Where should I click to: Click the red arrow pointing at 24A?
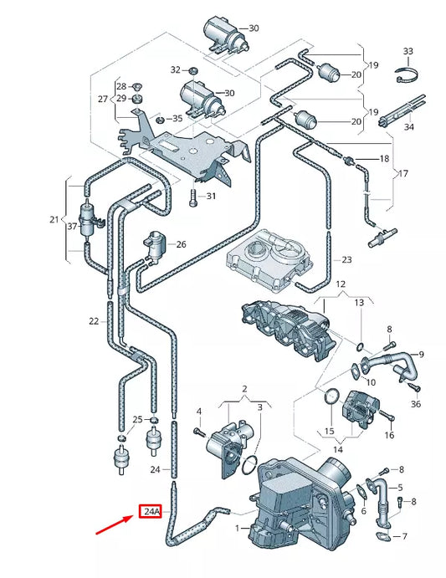(x=117, y=524)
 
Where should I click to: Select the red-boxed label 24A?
(x=151, y=510)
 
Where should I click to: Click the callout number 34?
(x=408, y=127)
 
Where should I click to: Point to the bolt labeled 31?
(x=193, y=197)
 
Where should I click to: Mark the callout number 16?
(x=388, y=436)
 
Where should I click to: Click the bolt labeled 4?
(x=198, y=431)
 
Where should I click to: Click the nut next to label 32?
(x=192, y=69)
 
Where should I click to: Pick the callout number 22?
(x=94, y=321)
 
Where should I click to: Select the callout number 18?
(x=384, y=158)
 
